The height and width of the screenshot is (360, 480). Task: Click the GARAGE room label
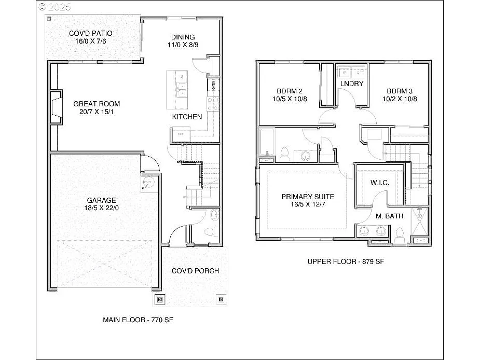click(x=101, y=200)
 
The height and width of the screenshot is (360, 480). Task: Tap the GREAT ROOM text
click(x=97, y=104)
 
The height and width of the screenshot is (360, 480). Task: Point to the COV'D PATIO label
click(x=91, y=34)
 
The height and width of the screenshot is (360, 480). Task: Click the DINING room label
click(x=183, y=37)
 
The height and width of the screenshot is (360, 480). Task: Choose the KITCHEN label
click(x=187, y=117)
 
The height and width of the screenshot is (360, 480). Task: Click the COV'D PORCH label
click(x=195, y=271)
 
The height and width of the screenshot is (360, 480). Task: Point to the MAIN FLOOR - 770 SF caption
click(x=138, y=320)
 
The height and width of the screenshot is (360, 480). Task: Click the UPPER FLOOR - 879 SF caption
click(x=346, y=261)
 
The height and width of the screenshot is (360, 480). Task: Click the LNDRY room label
click(x=352, y=84)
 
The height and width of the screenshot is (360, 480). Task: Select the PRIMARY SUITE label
click(x=307, y=197)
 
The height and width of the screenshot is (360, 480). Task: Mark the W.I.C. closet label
click(x=379, y=183)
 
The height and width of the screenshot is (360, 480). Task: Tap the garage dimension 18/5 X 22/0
click(x=101, y=208)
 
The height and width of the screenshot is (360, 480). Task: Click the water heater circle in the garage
click(x=147, y=182)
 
